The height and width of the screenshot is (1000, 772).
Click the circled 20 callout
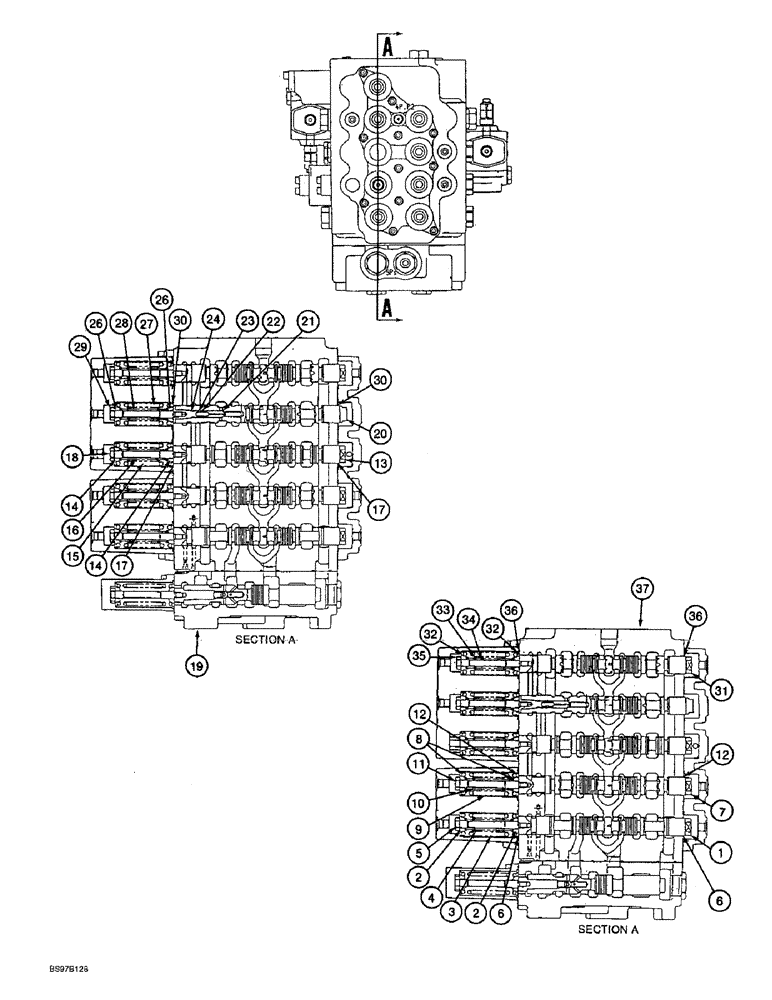point(379,433)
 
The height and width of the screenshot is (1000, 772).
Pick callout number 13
point(379,463)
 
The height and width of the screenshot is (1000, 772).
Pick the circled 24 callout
point(211,321)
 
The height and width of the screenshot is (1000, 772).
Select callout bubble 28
point(121,323)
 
